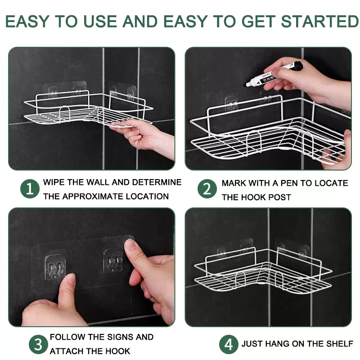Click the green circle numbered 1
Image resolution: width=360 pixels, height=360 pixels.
click(30, 189)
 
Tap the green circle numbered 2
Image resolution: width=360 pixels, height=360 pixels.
click(207, 189)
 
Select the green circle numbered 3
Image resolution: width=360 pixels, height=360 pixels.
click(38, 344)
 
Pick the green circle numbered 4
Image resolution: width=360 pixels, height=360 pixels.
click(229, 344)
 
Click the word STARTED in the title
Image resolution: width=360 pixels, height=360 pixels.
click(319, 21)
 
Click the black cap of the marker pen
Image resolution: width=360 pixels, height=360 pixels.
click(298, 65)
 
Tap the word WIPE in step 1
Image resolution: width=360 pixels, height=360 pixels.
click(54, 182)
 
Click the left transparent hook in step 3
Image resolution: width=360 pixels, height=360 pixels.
click(55, 267)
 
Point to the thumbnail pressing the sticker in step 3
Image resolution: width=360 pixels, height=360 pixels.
click(130, 246)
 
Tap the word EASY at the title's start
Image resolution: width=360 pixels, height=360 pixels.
click(27, 21)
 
